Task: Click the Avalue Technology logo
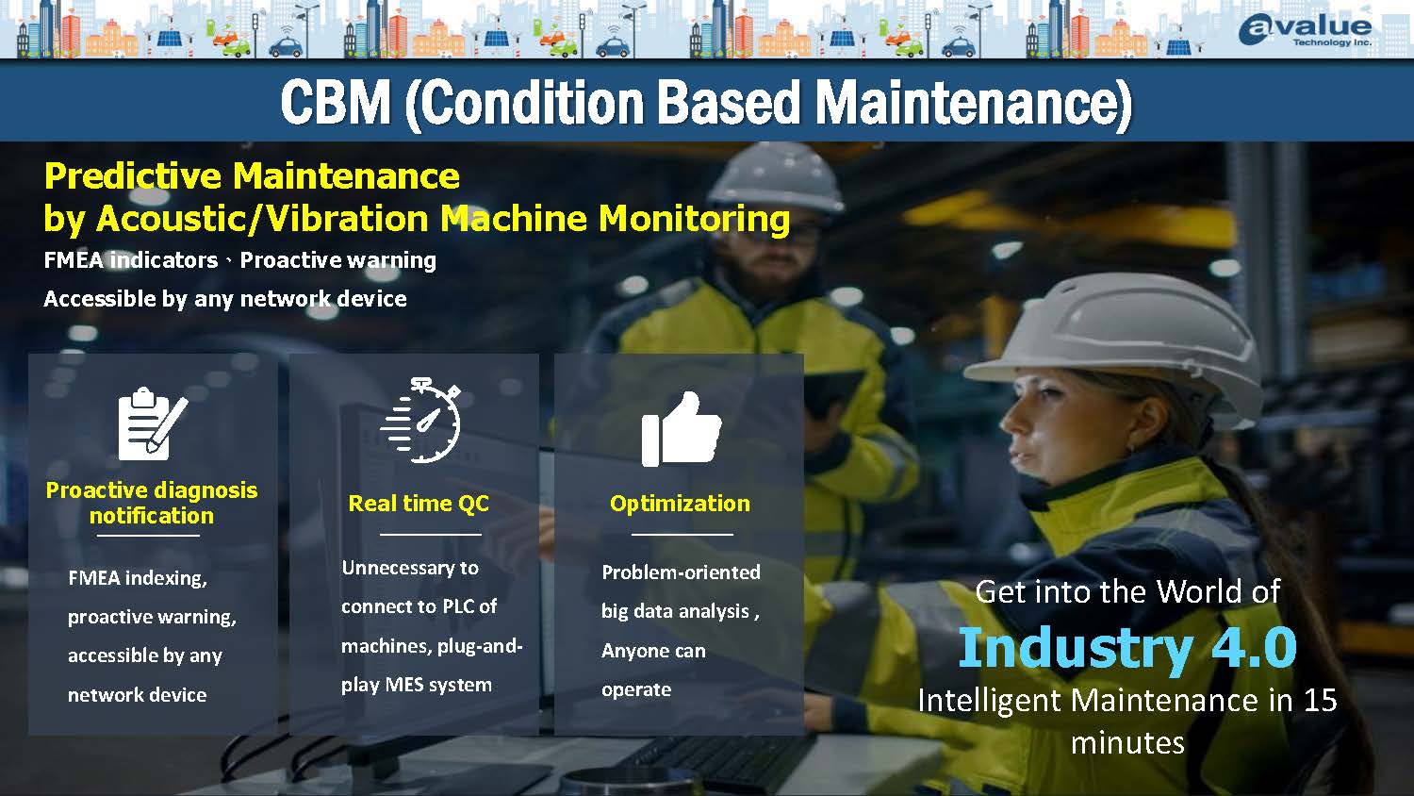[1305, 29]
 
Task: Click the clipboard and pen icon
[152, 423]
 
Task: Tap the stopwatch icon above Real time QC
[421, 420]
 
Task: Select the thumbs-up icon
[682, 429]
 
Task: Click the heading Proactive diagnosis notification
[152, 503]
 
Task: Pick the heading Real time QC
[419, 503]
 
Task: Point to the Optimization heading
[680, 503]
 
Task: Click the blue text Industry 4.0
[1127, 648]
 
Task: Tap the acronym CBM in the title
[336, 102]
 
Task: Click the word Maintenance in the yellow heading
[347, 175]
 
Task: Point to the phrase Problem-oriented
[681, 572]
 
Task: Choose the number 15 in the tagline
[1320, 700]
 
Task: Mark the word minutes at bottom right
[1127, 743]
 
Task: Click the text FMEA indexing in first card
[138, 578]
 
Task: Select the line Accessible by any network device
[225, 299]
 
